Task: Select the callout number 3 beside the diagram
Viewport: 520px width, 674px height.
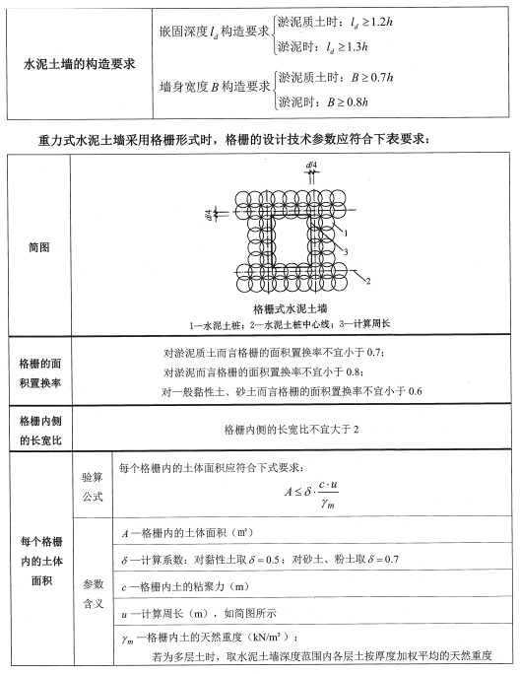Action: (x=346, y=253)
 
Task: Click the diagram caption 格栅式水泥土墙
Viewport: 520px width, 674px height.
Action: (x=286, y=308)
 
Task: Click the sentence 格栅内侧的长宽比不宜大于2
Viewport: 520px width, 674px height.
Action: (x=288, y=432)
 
